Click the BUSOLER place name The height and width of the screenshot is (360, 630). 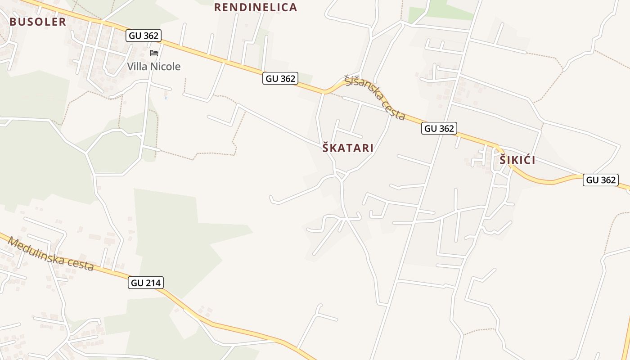coord(38,22)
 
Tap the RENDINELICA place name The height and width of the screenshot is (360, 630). coord(255,7)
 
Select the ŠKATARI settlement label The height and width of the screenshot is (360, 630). coord(348,148)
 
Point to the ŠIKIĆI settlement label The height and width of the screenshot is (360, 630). coord(517,160)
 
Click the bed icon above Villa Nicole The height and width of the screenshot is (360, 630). coord(154,53)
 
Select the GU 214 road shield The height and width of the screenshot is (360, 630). coord(146,283)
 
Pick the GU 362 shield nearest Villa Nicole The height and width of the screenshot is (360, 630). coord(144,36)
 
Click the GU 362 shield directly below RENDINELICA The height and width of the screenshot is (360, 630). coord(281,78)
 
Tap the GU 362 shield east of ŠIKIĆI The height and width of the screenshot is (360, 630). coord(601,180)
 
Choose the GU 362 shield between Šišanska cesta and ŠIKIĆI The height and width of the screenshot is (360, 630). coord(439,128)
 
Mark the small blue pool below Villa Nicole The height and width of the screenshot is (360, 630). coord(166,97)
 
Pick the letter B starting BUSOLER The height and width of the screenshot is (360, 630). coord(13,22)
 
